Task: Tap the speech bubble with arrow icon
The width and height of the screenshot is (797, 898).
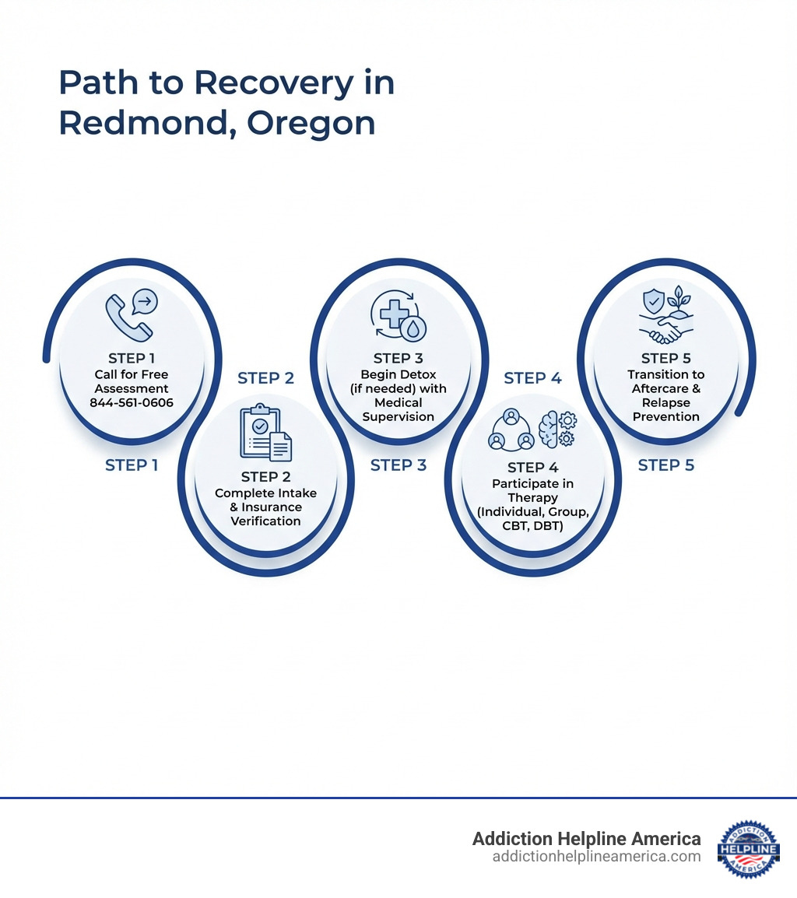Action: (x=145, y=301)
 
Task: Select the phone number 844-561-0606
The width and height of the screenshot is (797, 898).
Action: (x=132, y=402)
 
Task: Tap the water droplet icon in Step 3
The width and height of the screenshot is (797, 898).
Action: (x=412, y=329)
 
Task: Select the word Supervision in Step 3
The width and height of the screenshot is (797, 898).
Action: (x=398, y=416)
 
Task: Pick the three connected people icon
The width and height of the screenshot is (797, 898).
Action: (x=510, y=429)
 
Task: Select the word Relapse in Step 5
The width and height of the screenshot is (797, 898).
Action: (x=665, y=402)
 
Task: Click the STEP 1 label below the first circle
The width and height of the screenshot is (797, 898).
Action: (x=132, y=465)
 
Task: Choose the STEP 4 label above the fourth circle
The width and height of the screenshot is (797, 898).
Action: (x=532, y=378)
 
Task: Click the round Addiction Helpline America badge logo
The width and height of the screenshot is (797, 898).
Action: (x=748, y=849)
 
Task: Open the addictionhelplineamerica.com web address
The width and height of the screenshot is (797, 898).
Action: (x=596, y=857)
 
